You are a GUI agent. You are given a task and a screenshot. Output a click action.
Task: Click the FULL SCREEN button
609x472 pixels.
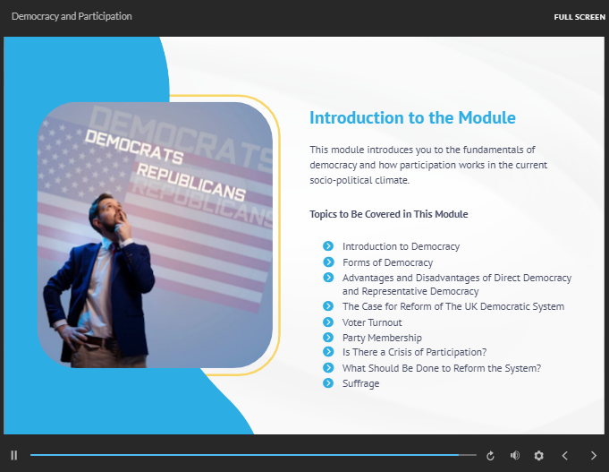click(579, 17)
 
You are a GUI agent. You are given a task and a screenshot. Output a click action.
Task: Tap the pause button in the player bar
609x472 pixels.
click(14, 455)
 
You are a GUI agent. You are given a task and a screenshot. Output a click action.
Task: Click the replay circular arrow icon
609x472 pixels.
click(490, 455)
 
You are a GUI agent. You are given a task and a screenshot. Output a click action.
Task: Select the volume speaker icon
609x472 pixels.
click(515, 455)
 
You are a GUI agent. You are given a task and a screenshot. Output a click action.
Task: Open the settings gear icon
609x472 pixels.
click(538, 455)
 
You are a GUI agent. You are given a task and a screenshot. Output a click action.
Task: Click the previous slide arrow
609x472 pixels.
click(565, 455)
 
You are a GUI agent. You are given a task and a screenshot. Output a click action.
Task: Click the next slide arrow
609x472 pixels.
click(594, 455)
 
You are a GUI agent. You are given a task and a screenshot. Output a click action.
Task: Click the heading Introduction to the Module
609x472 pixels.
click(412, 117)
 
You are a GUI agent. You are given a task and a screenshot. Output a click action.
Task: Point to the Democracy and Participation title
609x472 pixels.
click(72, 16)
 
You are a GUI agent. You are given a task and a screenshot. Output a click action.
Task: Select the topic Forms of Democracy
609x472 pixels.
click(387, 262)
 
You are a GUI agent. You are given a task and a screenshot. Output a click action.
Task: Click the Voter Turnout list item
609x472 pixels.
click(372, 322)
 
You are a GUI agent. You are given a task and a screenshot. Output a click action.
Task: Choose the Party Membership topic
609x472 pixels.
click(382, 338)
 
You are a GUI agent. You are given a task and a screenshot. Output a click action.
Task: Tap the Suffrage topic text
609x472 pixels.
click(360, 383)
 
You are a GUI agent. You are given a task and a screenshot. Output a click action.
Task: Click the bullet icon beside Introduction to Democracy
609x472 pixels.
click(328, 246)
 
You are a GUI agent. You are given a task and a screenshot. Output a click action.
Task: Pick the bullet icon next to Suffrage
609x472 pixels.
click(328, 383)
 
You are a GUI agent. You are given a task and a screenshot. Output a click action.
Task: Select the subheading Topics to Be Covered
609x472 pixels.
click(388, 214)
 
